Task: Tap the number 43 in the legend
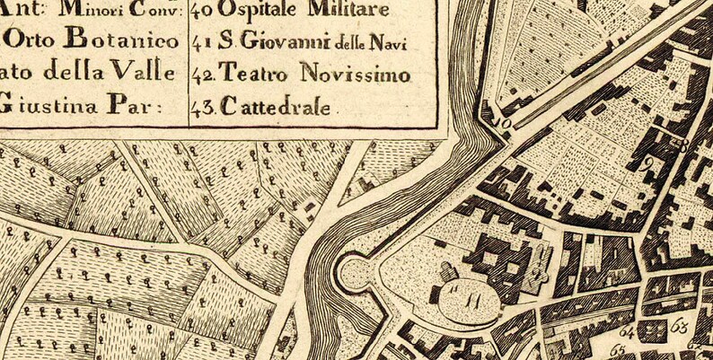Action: coord(202,109)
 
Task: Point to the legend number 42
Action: coord(202,73)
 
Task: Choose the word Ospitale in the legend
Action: coord(258,11)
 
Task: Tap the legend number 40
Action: coord(202,11)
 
